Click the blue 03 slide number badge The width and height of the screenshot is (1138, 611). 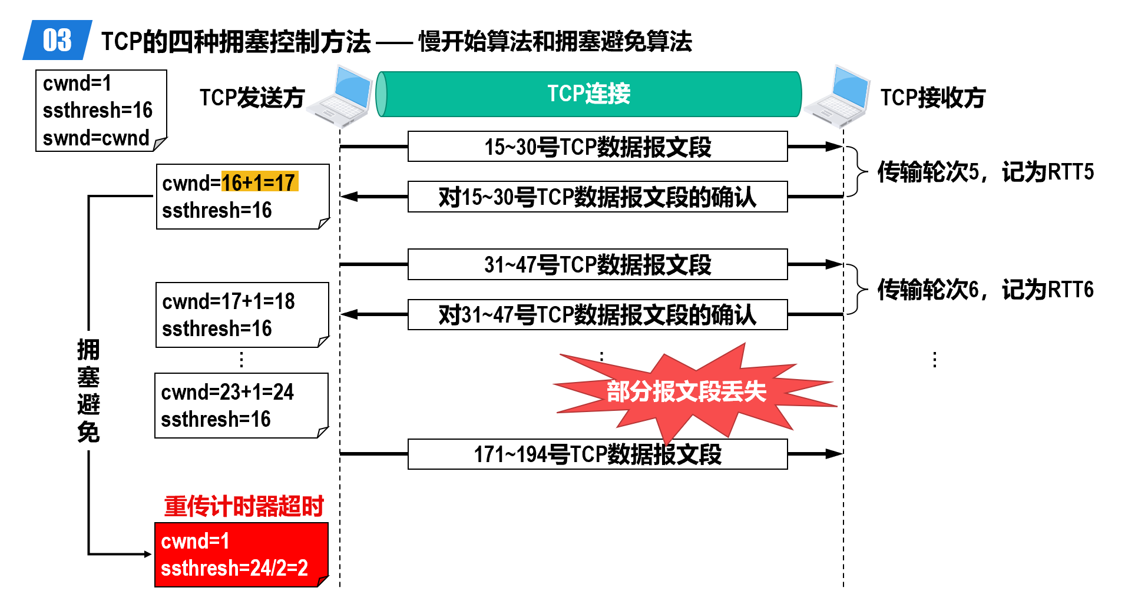click(57, 40)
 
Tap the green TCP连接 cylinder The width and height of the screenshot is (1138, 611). click(589, 94)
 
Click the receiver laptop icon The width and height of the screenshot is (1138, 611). click(838, 97)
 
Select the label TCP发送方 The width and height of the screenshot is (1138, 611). click(252, 98)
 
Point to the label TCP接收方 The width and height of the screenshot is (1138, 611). click(932, 98)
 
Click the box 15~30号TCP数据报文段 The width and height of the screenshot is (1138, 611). click(597, 147)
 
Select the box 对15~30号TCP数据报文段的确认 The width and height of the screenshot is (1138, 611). click(597, 197)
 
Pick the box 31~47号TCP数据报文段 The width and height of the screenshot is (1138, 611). click(597, 264)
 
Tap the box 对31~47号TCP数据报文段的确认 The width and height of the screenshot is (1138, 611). click(597, 314)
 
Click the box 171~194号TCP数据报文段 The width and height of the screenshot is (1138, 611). click(597, 454)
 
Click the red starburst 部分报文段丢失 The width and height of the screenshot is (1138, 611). click(686, 391)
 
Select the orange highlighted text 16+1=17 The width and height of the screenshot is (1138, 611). click(259, 182)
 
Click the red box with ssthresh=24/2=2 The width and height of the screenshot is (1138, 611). click(242, 554)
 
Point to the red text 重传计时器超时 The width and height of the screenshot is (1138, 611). click(244, 506)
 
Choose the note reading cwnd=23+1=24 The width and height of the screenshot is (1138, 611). click(242, 406)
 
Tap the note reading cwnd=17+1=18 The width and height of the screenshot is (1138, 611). click(242, 315)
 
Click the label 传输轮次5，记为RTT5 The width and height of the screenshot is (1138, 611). click(985, 172)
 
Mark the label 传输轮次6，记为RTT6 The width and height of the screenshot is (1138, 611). click(985, 290)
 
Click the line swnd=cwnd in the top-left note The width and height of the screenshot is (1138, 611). click(96, 138)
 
